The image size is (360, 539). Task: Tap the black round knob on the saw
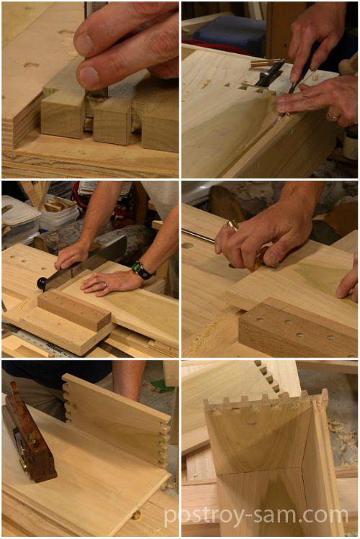pyautogui.click(x=42, y=284)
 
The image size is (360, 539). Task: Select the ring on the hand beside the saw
pyautogui.click(x=106, y=285)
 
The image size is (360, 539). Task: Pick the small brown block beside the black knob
pyautogui.click(x=74, y=309)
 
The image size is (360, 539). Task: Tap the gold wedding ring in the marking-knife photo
pyautogui.click(x=333, y=115)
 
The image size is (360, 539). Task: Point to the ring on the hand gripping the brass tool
pyautogui.click(x=232, y=225)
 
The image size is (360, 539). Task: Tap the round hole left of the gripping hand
pyautogui.click(x=188, y=245)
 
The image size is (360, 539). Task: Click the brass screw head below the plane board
pyautogui.click(x=137, y=515)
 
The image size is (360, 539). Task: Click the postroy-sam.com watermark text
pyautogui.click(x=256, y=516)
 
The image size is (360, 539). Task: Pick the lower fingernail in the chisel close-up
pyautogui.click(x=88, y=76)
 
